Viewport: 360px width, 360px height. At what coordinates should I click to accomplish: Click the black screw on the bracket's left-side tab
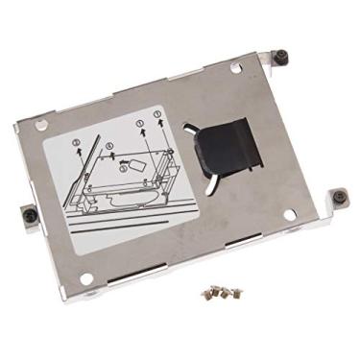tap(30, 214)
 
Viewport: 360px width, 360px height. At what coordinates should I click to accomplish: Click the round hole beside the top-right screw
tap(236, 67)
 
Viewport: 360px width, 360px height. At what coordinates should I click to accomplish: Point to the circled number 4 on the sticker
tap(108, 147)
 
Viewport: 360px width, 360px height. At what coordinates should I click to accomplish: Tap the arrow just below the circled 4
tap(109, 156)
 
